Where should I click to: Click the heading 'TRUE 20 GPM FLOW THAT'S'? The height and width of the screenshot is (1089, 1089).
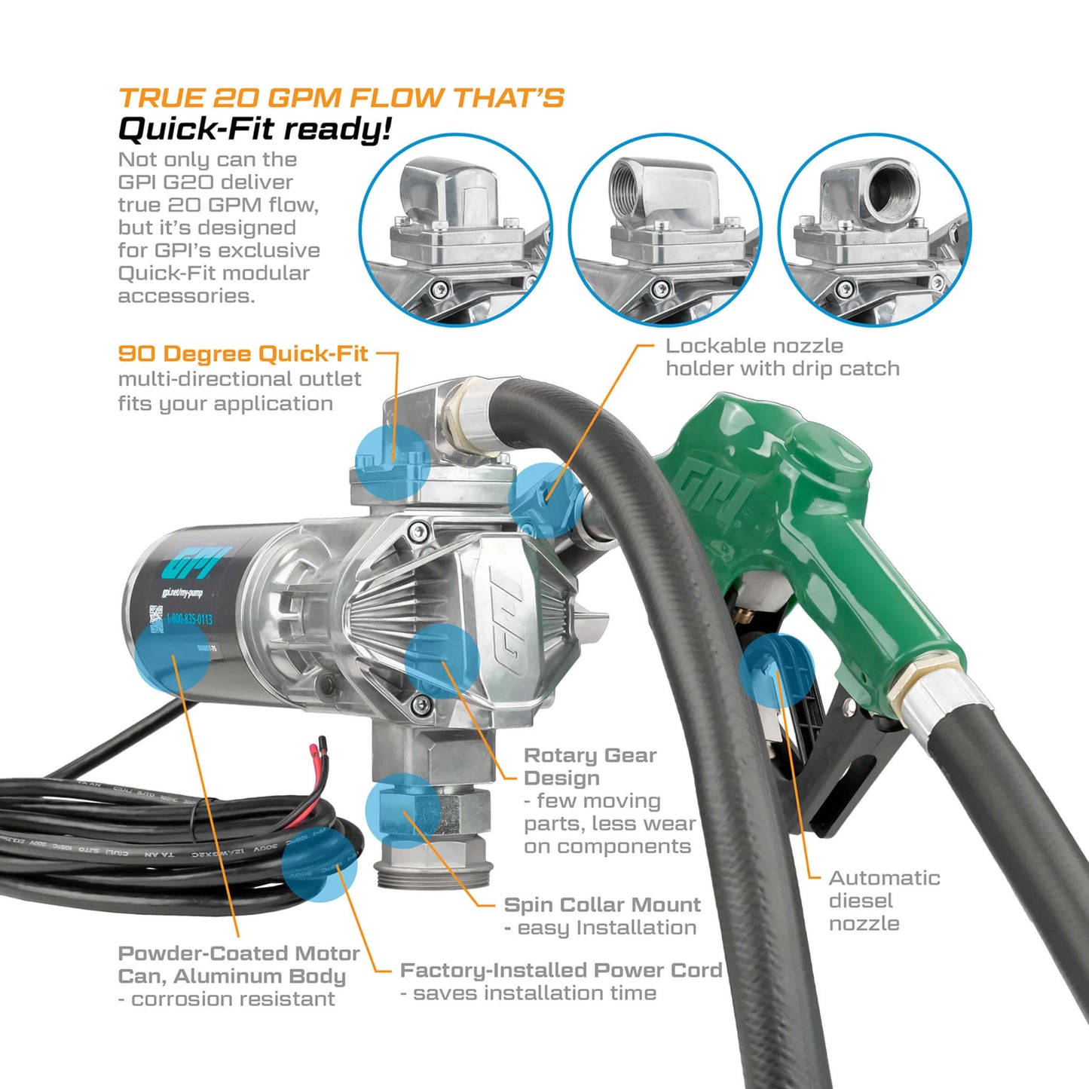coord(341,98)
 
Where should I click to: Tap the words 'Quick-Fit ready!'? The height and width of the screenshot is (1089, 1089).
coord(255,129)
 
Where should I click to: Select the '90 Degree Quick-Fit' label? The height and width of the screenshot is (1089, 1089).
coord(243,353)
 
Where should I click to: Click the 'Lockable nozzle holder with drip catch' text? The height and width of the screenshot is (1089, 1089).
coord(782,357)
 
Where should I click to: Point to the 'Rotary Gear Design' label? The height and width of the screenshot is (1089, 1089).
coord(589,766)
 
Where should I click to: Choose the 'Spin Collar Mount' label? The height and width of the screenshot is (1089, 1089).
coord(601,904)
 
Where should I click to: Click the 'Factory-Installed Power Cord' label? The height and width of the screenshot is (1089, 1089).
coord(561,970)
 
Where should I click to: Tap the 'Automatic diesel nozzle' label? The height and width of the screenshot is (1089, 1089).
coord(883,901)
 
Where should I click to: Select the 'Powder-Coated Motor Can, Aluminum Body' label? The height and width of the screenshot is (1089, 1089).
coord(238,965)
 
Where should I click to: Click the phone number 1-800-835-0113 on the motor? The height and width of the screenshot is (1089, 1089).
coord(189,619)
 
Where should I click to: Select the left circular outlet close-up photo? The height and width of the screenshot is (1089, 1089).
coord(455,231)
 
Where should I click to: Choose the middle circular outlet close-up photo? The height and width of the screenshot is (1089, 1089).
coord(665,231)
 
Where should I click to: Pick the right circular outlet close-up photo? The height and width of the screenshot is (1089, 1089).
coord(874,231)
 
